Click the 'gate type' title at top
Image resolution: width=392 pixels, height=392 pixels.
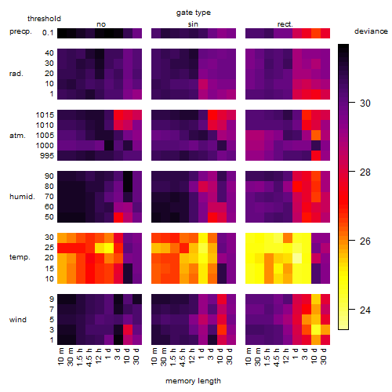click(194, 13)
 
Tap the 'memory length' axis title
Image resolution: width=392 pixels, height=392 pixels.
click(193, 381)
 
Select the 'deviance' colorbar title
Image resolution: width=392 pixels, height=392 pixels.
click(371, 31)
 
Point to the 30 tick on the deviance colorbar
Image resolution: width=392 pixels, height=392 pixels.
click(352, 103)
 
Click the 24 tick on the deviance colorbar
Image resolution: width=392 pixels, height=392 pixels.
click(352, 310)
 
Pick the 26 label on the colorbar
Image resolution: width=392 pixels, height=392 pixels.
click(365, 241)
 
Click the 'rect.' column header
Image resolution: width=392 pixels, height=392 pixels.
click(285, 24)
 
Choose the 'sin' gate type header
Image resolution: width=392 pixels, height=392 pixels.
click(193, 24)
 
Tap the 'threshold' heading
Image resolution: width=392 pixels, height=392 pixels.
click(44, 19)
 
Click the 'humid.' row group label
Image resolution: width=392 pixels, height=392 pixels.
click(22, 197)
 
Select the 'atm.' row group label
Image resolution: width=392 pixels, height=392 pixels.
click(17, 136)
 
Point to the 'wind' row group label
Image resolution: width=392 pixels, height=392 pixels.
click(18, 320)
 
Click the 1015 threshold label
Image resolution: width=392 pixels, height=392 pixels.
click(45, 115)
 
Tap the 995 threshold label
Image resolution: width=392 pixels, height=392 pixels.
click(47, 156)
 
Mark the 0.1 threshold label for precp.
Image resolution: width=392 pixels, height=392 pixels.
click(48, 33)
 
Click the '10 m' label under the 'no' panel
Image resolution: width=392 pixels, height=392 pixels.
click(61, 356)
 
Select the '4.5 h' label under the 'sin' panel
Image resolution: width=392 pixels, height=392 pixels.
click(183, 357)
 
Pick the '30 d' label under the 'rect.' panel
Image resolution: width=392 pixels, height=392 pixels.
click(324, 356)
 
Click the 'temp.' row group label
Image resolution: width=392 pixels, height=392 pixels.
click(20, 257)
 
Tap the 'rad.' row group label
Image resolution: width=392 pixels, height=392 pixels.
click(16, 74)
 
